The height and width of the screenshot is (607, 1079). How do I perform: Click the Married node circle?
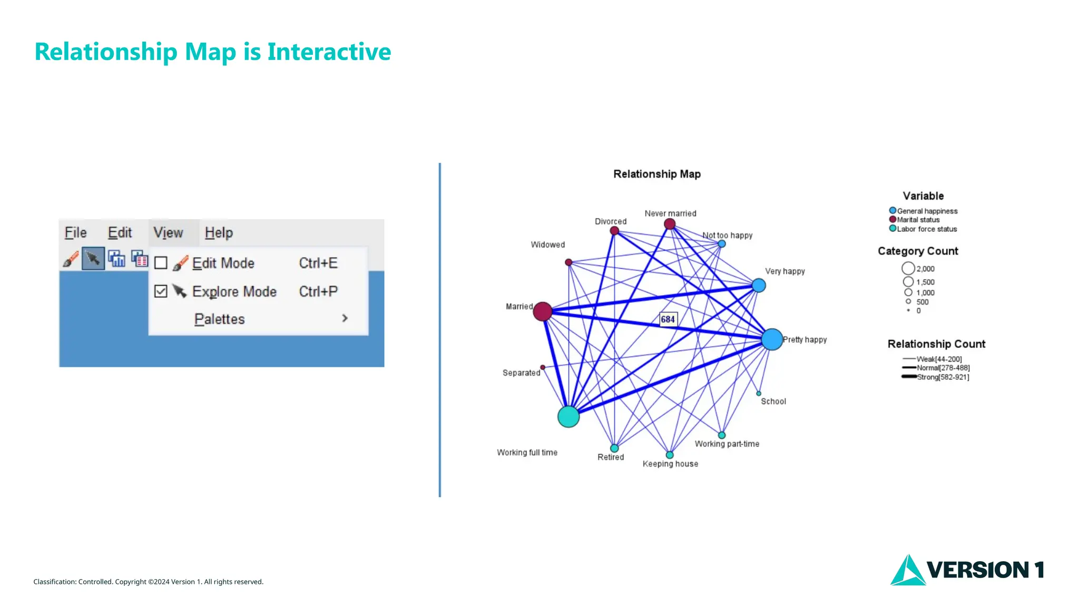542,311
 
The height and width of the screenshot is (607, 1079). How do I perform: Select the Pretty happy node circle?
772,339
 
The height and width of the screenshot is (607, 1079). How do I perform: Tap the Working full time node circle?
568,417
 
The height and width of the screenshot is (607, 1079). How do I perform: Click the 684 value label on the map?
668,319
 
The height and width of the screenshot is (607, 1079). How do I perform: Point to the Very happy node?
759,286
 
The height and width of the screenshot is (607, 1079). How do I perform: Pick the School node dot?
759,394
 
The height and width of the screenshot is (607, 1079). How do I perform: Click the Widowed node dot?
568,262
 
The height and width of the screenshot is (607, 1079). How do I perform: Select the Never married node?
670,224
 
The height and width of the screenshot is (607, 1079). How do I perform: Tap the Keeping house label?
670,464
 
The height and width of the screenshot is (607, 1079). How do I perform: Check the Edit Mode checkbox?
161,263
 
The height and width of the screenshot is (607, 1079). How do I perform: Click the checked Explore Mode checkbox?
161,291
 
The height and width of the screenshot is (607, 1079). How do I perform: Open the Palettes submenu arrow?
345,318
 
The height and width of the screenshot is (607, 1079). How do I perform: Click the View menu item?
168,232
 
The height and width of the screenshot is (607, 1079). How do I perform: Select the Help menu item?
219,232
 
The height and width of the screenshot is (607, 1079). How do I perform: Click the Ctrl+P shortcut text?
318,291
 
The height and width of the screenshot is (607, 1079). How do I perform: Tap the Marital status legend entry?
918,220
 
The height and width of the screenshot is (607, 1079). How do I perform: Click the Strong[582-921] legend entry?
943,377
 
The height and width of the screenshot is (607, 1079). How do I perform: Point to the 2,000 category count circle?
908,269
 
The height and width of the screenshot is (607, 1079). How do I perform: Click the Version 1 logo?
967,570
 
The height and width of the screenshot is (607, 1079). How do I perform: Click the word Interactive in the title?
329,52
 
